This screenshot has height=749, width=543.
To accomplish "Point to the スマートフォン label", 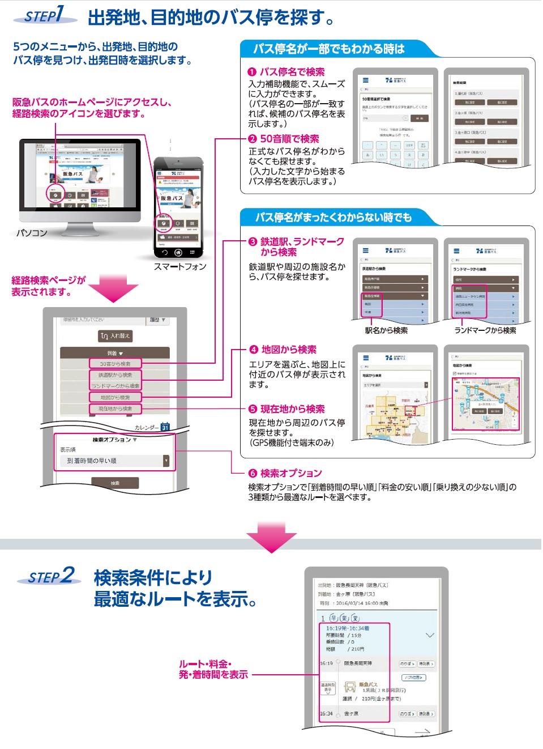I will (x=180, y=266).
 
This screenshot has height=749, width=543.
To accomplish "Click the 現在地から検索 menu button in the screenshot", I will (x=116, y=409).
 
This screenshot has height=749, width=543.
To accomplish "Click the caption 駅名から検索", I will (x=386, y=330).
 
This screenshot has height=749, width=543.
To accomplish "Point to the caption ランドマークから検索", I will (x=485, y=330).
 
